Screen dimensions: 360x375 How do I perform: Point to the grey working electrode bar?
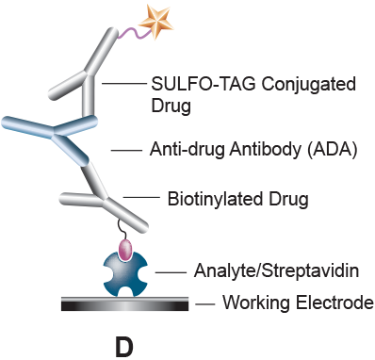[123, 303]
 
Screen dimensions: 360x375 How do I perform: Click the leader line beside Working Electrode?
[204, 303]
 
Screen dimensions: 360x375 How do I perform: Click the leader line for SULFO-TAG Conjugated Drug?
[121, 84]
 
